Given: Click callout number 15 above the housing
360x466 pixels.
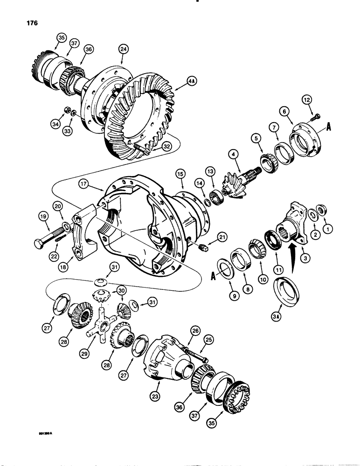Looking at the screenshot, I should click(180, 173).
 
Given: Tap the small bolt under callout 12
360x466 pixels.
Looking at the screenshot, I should click(317, 115).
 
